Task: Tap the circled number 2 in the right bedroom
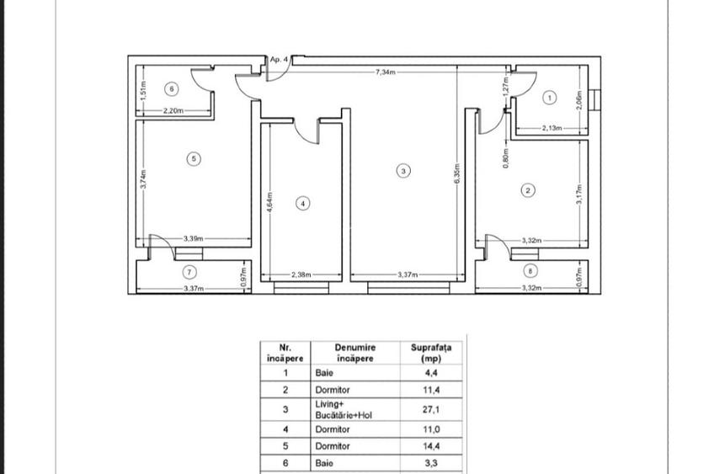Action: click(x=527, y=190)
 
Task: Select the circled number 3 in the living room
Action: click(x=403, y=171)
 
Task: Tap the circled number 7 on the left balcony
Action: click(x=189, y=271)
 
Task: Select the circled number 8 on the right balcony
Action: click(x=530, y=271)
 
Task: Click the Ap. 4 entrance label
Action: click(x=279, y=60)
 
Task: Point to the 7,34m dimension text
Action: click(x=386, y=72)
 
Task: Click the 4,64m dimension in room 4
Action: click(x=268, y=206)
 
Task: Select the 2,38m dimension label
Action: click(x=301, y=275)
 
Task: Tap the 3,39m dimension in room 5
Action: click(x=194, y=239)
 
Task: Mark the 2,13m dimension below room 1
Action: click(x=551, y=129)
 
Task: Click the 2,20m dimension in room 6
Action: click(x=173, y=110)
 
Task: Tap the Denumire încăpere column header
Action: click(x=354, y=351)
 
